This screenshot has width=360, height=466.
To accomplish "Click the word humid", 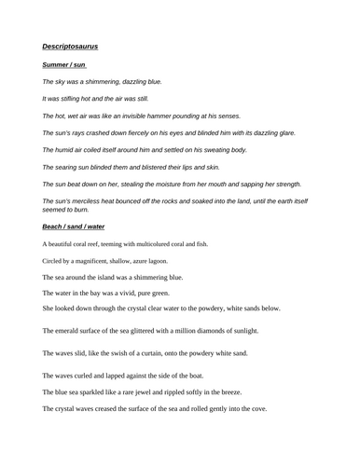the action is (x=68, y=149).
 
